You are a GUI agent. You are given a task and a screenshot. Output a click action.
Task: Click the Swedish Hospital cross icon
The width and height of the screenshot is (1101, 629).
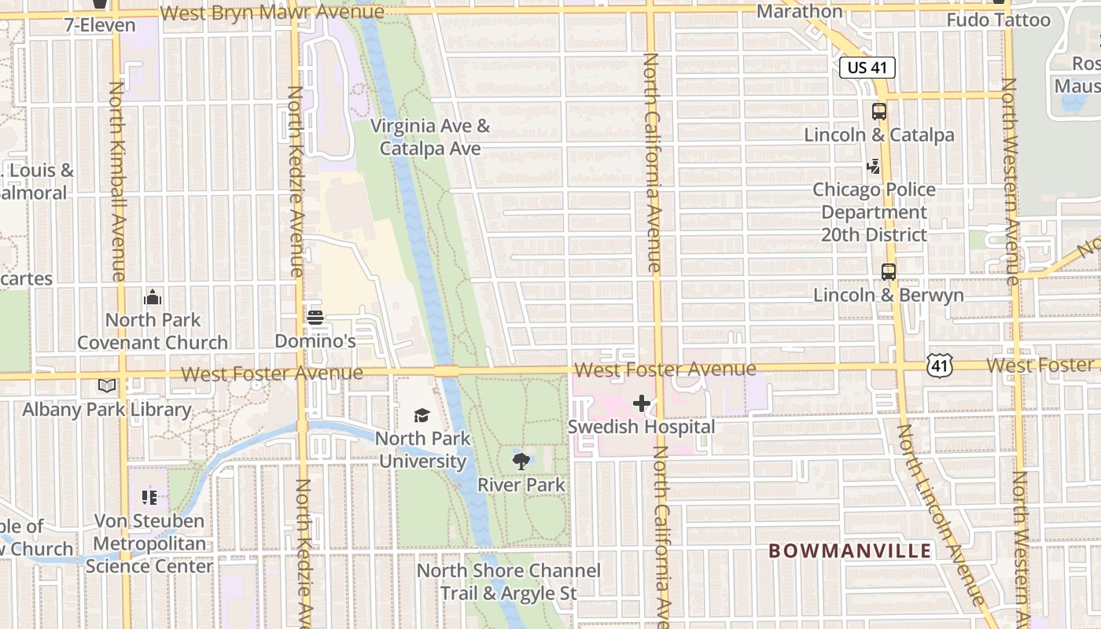(x=642, y=403)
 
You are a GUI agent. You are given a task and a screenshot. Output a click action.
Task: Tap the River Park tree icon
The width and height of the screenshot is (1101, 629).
(x=521, y=462)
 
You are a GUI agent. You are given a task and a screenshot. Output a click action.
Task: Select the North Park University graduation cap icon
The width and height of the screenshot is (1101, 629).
(x=422, y=415)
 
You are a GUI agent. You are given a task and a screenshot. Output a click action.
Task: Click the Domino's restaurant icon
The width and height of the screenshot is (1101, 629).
(x=315, y=318)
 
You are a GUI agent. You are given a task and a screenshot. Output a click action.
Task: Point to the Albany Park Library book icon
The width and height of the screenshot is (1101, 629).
(x=107, y=386)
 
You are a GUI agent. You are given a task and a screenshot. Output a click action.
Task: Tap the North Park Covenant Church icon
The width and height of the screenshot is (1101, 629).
(x=153, y=297)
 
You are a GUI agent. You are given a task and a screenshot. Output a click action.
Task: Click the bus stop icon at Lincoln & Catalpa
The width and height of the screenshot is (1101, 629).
(x=879, y=112)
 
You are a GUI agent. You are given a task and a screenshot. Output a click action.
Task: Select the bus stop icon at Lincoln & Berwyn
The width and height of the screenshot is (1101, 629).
(x=889, y=272)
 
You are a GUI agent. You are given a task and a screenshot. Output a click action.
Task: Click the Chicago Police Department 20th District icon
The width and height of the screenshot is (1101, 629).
(x=874, y=167)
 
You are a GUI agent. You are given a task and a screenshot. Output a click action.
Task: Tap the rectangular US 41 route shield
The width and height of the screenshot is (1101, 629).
(x=867, y=68)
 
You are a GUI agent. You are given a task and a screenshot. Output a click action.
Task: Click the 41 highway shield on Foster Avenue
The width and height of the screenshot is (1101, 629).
(x=941, y=365)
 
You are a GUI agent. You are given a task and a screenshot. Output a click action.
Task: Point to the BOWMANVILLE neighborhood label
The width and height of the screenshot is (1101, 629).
(x=850, y=550)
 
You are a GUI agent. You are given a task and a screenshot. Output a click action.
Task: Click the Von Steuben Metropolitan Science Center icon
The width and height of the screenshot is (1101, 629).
(x=150, y=497)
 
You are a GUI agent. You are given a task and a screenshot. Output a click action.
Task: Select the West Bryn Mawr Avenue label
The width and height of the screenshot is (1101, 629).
(x=272, y=13)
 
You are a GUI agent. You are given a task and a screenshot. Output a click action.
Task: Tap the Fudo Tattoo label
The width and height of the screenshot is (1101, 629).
(x=999, y=20)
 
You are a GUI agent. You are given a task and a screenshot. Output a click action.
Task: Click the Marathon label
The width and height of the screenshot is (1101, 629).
(x=800, y=11)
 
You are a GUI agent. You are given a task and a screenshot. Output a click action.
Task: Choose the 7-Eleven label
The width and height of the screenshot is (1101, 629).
(x=100, y=25)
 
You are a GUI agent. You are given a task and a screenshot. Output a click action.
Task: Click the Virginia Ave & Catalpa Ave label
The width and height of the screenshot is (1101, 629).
(x=430, y=137)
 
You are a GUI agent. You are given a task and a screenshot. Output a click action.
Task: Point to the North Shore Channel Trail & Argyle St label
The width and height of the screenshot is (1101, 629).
(x=509, y=582)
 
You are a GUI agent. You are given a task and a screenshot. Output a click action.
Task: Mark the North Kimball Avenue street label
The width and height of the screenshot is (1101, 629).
(x=116, y=181)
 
